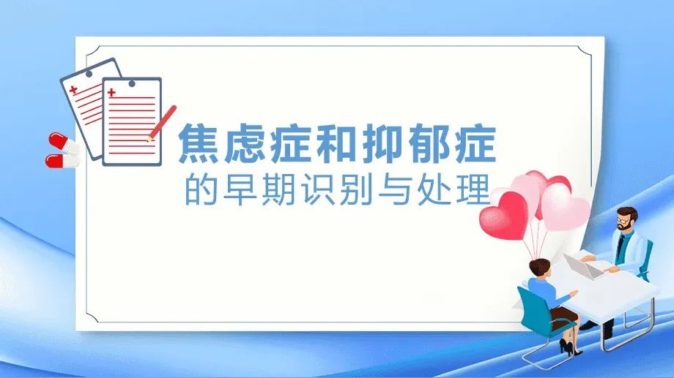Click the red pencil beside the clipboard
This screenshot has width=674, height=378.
point(163,122)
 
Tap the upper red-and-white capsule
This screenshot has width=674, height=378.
point(64,143)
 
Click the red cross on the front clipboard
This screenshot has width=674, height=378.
point(111,92)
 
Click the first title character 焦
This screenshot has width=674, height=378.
point(200,144)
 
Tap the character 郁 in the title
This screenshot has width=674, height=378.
point(426,144)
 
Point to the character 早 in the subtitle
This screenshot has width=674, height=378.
point(237,189)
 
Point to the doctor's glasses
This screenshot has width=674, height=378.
point(623,217)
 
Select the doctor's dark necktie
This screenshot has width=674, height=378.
point(620,246)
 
